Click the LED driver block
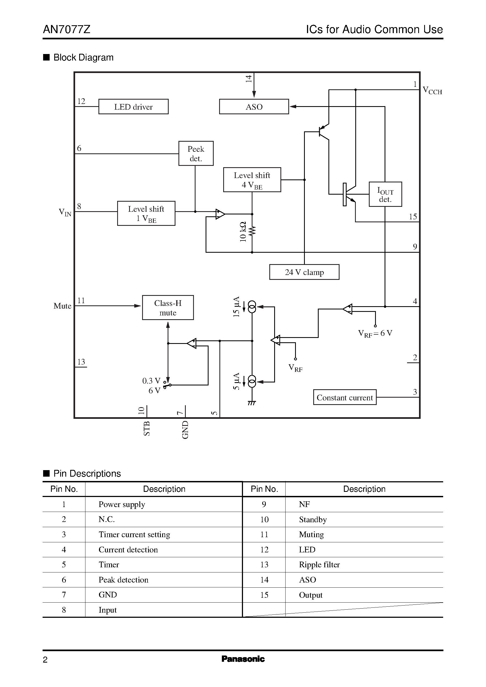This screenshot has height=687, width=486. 133,107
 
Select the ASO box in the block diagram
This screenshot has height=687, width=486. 254,107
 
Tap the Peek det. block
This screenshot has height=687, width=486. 196,153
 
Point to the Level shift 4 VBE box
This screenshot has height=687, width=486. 252,180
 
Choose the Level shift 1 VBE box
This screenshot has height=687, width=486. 146,213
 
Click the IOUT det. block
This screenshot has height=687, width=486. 385,194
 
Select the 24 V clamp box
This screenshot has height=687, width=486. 304,272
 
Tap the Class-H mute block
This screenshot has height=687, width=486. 168,308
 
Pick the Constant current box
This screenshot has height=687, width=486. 344,397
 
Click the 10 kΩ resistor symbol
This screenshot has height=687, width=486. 252,231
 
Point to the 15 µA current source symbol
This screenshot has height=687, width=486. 252,307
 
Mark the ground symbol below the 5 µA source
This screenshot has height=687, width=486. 252,403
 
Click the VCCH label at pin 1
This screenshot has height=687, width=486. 432,90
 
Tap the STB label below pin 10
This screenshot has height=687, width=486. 146,429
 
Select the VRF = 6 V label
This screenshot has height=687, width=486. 375,333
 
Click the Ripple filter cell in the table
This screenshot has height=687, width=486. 319,565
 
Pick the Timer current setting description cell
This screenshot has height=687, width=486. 134,534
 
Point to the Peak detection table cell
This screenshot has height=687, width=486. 123,580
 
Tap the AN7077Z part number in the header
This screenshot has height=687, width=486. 66,29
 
